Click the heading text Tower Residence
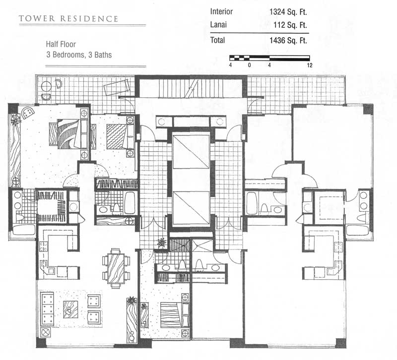click(x=68, y=19)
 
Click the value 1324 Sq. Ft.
click(x=288, y=12)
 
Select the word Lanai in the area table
click(x=218, y=25)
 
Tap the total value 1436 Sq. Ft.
click(x=288, y=41)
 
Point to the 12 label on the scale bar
click(x=310, y=65)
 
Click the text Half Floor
click(x=61, y=44)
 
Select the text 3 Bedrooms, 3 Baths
click(x=79, y=55)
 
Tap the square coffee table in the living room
click(x=70, y=309)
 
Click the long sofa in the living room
click(x=47, y=309)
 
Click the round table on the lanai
click(x=47, y=87)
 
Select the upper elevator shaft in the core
click(x=191, y=152)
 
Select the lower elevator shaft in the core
click(x=191, y=208)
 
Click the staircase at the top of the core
click(x=191, y=88)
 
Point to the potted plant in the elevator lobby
click(x=162, y=242)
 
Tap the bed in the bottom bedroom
click(x=175, y=315)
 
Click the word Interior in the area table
click(x=221, y=11)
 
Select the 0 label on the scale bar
click(x=250, y=65)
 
